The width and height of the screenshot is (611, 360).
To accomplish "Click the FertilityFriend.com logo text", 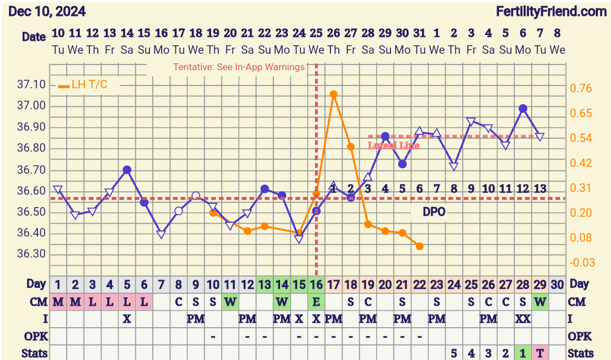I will [551, 11].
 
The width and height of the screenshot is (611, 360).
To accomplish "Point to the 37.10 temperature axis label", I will [32, 85].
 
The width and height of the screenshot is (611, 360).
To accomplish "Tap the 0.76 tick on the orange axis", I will [581, 88].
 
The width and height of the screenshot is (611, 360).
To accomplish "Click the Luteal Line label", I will [394, 145].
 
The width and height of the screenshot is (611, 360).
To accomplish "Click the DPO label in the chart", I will [434, 212].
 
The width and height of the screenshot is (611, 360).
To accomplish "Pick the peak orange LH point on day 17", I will [333, 95].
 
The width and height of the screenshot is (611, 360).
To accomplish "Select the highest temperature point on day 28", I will [523, 108].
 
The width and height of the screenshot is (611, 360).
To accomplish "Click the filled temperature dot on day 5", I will [127, 170].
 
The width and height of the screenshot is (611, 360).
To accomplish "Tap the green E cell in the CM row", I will [316, 302].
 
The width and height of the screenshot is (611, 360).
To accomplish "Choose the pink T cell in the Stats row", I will [540, 353].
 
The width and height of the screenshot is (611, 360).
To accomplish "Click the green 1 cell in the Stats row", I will [523, 353].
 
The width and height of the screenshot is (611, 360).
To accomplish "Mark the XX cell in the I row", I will [523, 319].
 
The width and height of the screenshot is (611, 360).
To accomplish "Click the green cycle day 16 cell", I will [316, 285].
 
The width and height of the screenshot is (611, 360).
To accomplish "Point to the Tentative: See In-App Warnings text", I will [239, 67].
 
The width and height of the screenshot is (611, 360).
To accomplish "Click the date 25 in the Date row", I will [316, 33].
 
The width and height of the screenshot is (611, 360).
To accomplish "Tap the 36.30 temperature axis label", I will [32, 254].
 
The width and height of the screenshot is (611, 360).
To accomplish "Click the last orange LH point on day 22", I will [419, 246].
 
